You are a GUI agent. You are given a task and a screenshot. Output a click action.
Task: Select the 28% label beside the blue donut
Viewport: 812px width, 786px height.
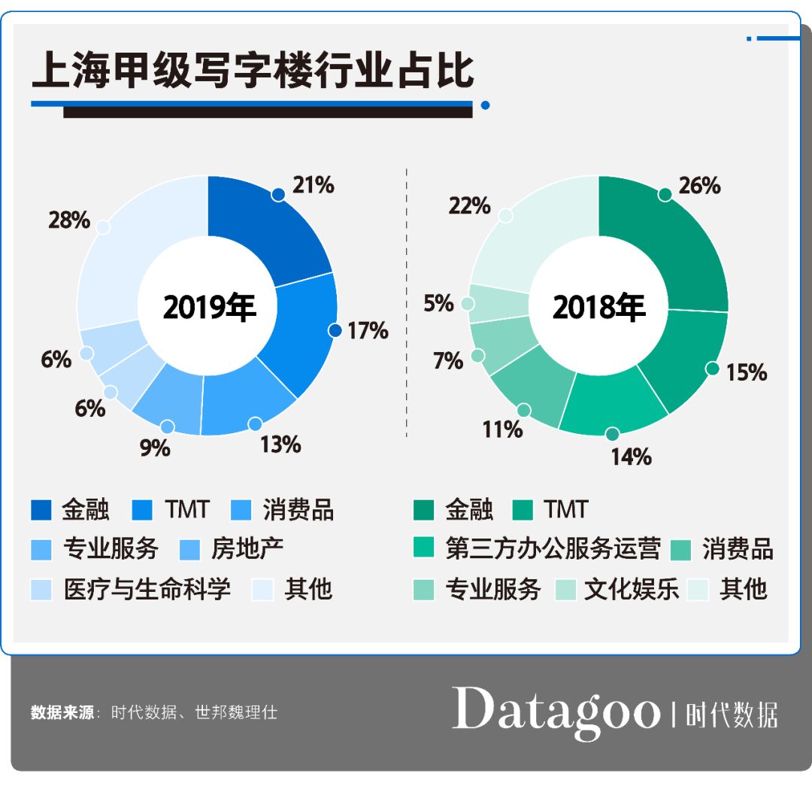[69, 220]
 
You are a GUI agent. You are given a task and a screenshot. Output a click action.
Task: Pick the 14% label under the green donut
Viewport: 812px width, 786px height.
[630, 457]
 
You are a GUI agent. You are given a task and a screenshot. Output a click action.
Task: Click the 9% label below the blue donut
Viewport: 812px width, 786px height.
[155, 448]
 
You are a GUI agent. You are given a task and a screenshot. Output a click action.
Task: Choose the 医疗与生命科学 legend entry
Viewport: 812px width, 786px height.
[146, 589]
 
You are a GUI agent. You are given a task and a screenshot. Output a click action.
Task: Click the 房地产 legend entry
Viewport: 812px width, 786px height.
[247, 549]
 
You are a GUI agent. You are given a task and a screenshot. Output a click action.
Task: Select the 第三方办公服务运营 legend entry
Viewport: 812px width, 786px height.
[553, 549]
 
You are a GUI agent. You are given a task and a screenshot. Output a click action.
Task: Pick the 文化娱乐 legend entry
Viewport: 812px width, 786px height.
[632, 589]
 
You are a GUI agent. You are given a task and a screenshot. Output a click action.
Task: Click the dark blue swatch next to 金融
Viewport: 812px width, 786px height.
[41, 510]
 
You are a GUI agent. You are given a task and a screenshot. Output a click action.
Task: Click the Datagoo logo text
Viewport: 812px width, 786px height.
[556, 709]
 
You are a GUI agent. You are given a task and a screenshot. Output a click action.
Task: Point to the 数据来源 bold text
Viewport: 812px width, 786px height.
[62, 712]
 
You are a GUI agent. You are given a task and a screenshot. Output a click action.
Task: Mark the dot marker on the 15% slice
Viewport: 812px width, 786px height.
[712, 369]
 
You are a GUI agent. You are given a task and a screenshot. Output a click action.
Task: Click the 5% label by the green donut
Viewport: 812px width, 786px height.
[439, 303]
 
